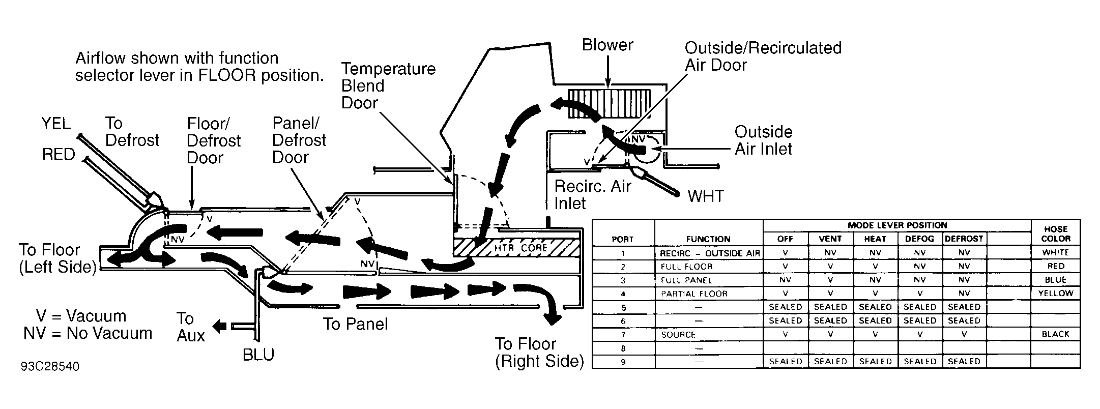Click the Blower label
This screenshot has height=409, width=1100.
pos(607,45)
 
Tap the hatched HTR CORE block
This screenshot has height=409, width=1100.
pos(516,248)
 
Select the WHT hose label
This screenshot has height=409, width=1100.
pos(705,196)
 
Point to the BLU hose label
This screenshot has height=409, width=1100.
pos(258,354)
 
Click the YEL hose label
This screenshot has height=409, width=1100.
pos(56,124)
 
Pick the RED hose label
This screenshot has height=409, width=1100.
pos(59,154)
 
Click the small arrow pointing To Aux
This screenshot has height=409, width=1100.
pos(220,326)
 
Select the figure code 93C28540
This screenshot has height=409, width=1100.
pos(50,367)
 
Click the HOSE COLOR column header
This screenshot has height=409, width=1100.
pos(1056,233)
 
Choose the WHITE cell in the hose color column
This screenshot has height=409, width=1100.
pos(1055,252)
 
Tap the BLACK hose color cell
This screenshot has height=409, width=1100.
pos(1055,334)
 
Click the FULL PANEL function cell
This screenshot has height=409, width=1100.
pos(686,280)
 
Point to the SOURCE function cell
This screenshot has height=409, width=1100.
pos(678,335)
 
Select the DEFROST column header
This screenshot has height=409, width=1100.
pos(964,239)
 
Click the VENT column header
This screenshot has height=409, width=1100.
pos(830,239)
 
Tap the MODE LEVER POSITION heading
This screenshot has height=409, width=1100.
pos(898,225)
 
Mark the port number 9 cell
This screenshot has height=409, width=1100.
pos(623,362)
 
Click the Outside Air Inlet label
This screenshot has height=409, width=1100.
pos(764,140)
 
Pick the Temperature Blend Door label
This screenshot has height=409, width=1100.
pos(389,85)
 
